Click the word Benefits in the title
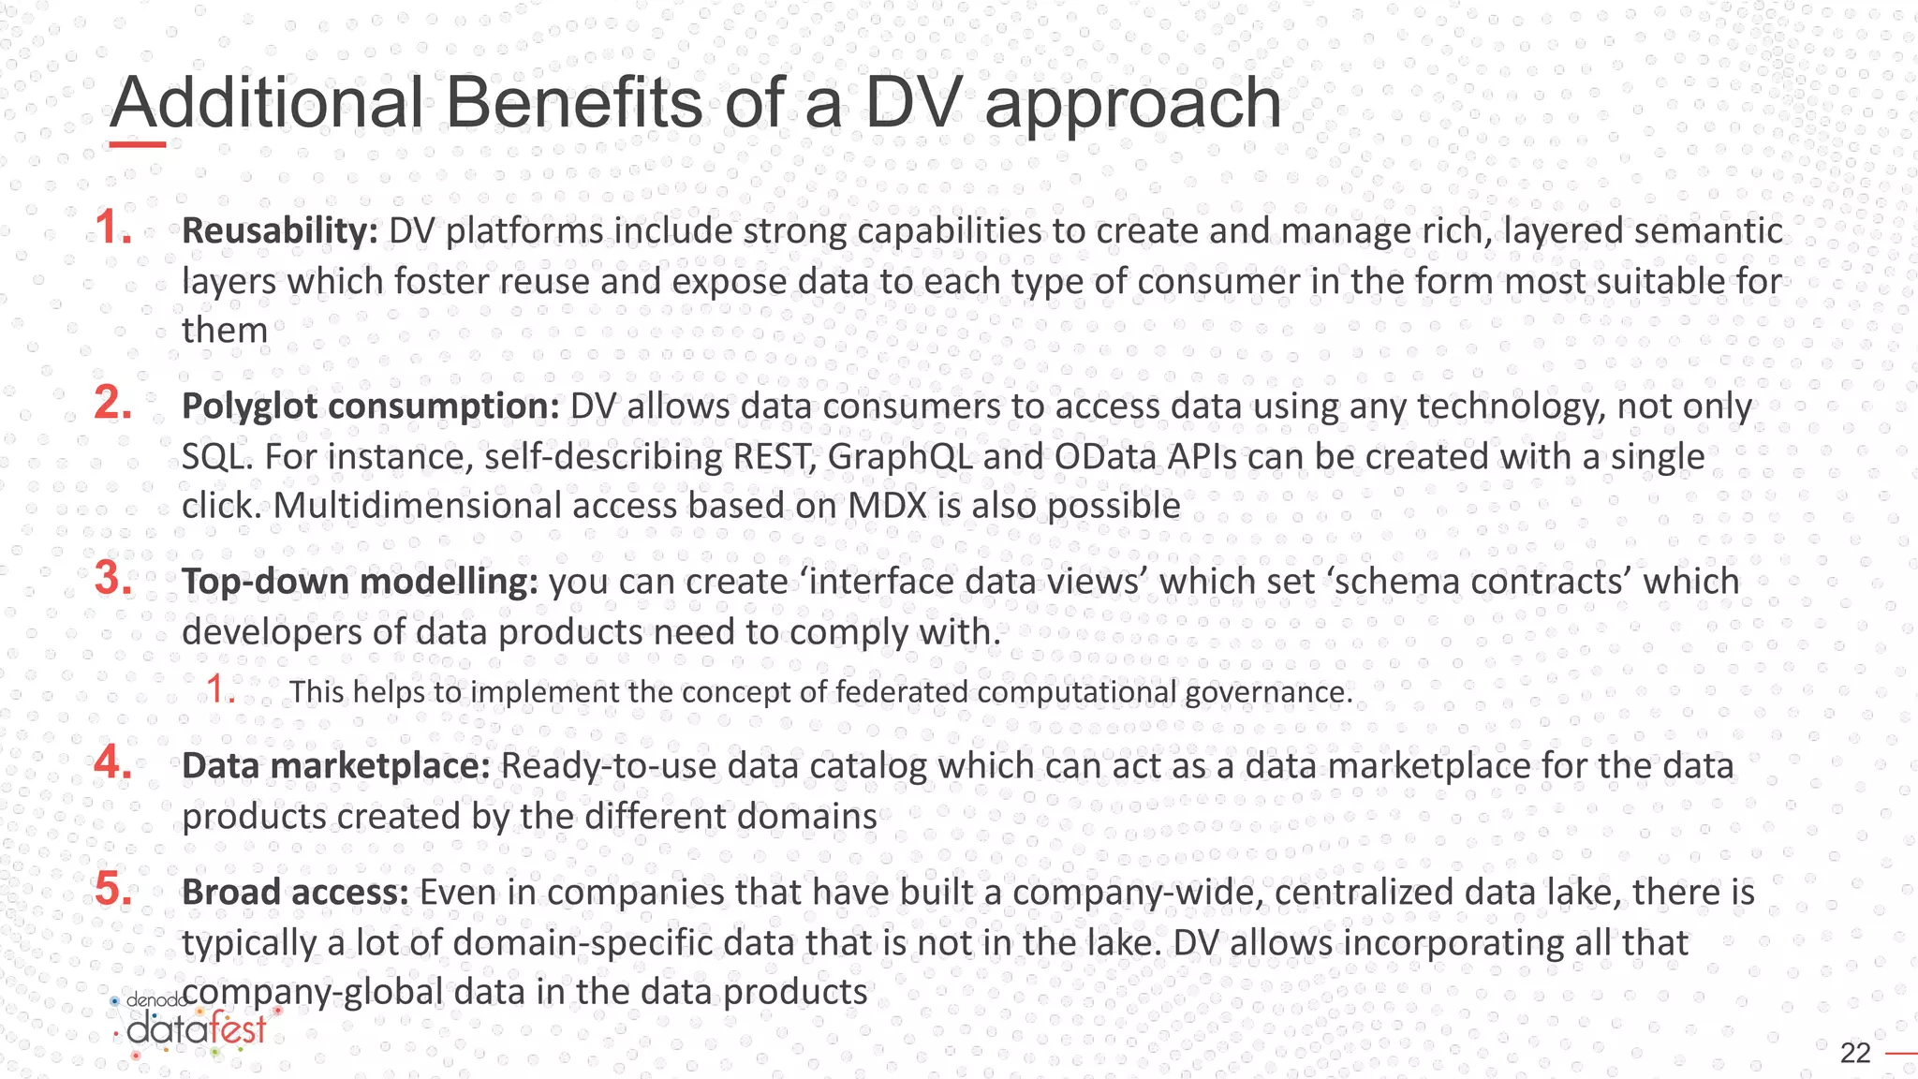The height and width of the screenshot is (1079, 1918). (573, 103)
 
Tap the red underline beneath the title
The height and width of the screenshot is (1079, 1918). (138, 144)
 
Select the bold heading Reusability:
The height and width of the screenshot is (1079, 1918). (279, 231)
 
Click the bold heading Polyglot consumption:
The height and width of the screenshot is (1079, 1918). (370, 406)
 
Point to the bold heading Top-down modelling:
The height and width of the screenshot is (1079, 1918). (360, 582)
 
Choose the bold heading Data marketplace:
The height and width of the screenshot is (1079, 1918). (335, 766)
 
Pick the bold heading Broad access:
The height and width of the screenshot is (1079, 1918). (295, 893)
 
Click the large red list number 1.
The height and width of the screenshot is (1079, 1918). (113, 228)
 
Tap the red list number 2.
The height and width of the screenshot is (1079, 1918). (113, 403)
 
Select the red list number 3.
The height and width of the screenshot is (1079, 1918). (113, 578)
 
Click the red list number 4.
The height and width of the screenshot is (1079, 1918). (113, 762)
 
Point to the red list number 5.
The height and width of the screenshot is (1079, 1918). (113, 889)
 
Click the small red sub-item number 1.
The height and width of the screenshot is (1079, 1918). (220, 689)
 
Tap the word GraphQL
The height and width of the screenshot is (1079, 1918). (899, 457)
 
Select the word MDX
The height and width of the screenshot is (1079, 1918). (886, 506)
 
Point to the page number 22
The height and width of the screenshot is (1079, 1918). (1855, 1054)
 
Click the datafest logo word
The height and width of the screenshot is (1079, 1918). (197, 1030)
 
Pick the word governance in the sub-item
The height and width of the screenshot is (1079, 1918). (1268, 692)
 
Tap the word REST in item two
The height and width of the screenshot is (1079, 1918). (772, 457)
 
